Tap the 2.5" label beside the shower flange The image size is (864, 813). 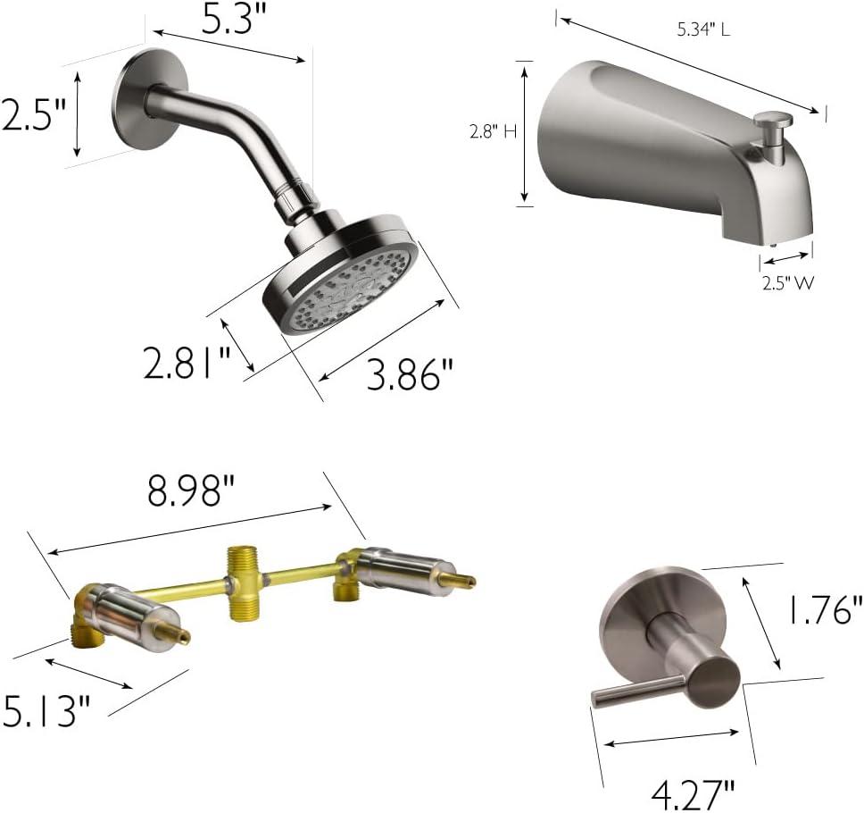pos(34,115)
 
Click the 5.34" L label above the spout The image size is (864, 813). pos(702,29)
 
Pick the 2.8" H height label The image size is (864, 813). pos(494,132)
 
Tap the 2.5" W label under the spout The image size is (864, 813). pos(787,284)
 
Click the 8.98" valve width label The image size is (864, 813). pos(191,492)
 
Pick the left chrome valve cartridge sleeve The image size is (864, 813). pos(125,616)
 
